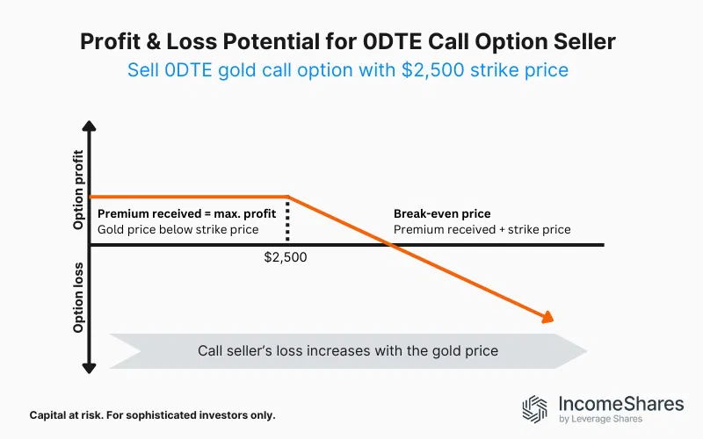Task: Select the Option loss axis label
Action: pyautogui.click(x=79, y=299)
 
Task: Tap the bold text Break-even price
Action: pyautogui.click(x=442, y=213)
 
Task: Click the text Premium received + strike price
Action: pyautogui.click(x=482, y=230)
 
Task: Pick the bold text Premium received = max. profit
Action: pyautogui.click(x=185, y=213)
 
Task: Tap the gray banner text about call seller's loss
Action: pyautogui.click(x=347, y=350)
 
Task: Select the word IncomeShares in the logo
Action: pyautogui.click(x=620, y=404)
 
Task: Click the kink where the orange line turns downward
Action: pyautogui.click(x=288, y=197)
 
